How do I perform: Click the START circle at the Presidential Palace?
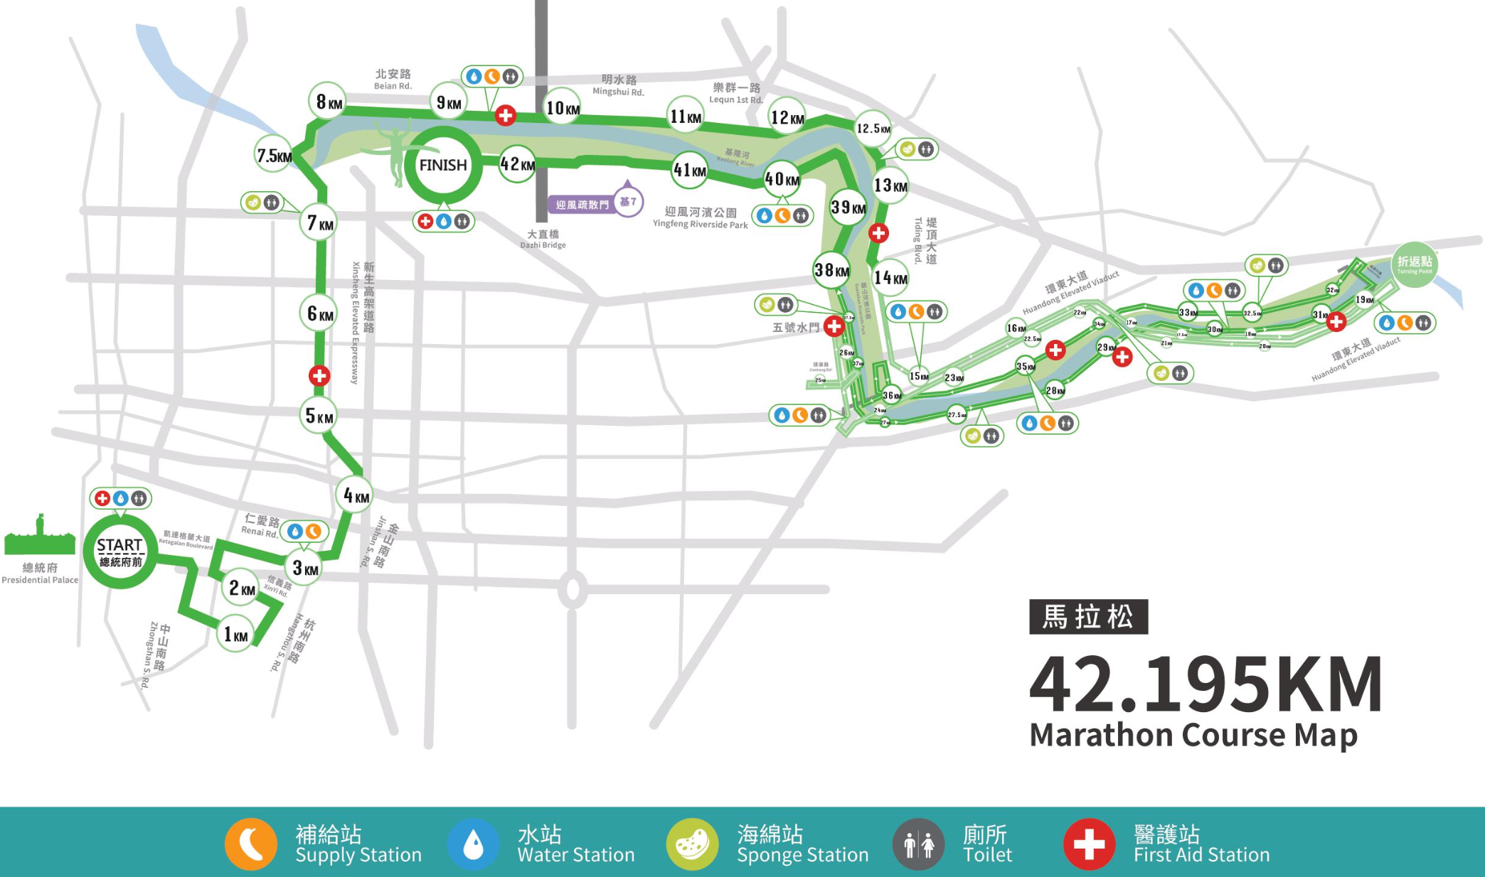[x=119, y=552]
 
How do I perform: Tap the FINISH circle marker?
[x=442, y=166]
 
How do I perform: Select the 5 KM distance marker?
[x=319, y=416]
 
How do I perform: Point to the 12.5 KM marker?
[x=873, y=129]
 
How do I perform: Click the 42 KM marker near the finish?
[x=517, y=165]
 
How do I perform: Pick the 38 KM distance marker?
[x=831, y=270]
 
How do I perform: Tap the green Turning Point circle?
[x=1414, y=264]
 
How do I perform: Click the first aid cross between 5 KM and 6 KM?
[x=319, y=376]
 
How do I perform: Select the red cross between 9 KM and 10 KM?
[x=506, y=115]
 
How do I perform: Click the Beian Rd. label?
[x=393, y=79]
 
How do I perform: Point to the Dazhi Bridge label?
[x=543, y=239]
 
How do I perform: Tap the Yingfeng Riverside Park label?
[x=700, y=217]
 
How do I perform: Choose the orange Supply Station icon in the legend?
[x=251, y=844]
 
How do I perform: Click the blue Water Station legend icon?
[x=473, y=844]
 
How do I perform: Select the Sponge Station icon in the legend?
[x=692, y=844]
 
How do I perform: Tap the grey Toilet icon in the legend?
[x=918, y=844]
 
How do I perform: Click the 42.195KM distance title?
[x=1206, y=684]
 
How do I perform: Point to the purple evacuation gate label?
[x=582, y=205]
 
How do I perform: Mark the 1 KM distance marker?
[x=236, y=635]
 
